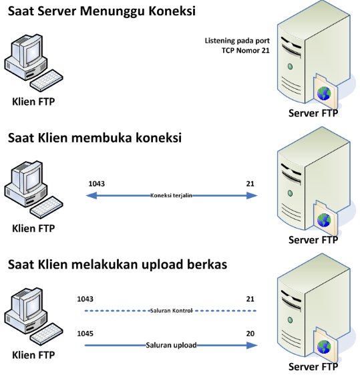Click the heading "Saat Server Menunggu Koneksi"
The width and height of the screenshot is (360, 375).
pos(102,11)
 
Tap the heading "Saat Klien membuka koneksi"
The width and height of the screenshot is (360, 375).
pos(95,138)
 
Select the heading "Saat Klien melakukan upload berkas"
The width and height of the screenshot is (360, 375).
pos(118,265)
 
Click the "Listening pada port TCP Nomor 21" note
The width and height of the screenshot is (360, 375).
pos(237,45)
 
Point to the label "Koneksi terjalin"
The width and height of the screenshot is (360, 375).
pos(171,195)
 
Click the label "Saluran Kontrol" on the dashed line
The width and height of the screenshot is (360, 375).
pos(171,311)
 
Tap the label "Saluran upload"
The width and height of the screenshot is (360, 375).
pos(171,345)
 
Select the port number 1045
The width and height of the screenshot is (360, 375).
pos(85,334)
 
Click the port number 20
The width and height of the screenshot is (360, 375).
pos(250,334)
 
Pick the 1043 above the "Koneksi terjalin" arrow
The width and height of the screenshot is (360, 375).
pos(96,183)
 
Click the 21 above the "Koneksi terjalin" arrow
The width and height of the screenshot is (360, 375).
pos(250,183)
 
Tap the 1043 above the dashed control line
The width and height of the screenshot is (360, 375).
pos(85,299)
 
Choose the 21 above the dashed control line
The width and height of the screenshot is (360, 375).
pos(250,299)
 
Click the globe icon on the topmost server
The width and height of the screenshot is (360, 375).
pos(324,94)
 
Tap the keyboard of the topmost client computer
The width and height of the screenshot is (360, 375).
pos(47,80)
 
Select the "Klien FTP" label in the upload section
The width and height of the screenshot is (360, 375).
pos(33,355)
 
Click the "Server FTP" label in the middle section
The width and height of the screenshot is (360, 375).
pos(313,239)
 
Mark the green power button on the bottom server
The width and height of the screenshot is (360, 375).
pos(291,320)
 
